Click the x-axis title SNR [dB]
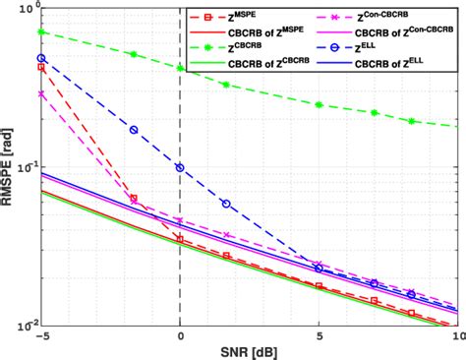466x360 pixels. point(249,351)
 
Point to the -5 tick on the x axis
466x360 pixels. point(39,335)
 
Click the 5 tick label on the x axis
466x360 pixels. point(319,335)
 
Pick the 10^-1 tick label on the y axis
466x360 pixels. point(24,166)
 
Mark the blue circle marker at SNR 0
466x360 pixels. point(180,167)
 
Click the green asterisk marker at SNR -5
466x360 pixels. point(41,31)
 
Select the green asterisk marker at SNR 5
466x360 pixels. point(319,104)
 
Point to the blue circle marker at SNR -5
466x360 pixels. point(41,58)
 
